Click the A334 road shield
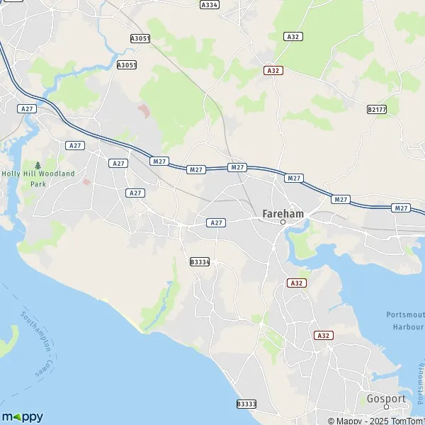[209, 4]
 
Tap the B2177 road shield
[377, 110]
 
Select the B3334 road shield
[200, 262]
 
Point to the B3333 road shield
[245, 404]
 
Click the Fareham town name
[283, 212]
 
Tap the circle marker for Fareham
[283, 222]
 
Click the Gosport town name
[386, 399]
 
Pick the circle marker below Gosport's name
[386, 407]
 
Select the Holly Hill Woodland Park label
[38, 178]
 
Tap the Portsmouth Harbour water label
[405, 320]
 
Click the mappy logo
[22, 416]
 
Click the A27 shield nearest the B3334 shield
[217, 222]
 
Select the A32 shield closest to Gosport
[323, 335]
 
